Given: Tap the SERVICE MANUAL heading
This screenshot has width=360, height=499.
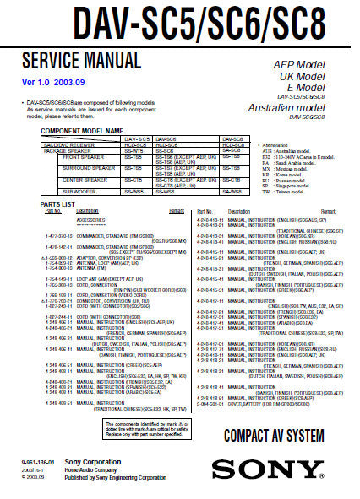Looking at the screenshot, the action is pos(80,60).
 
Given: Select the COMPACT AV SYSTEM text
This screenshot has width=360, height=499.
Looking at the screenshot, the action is pos(274,436).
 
